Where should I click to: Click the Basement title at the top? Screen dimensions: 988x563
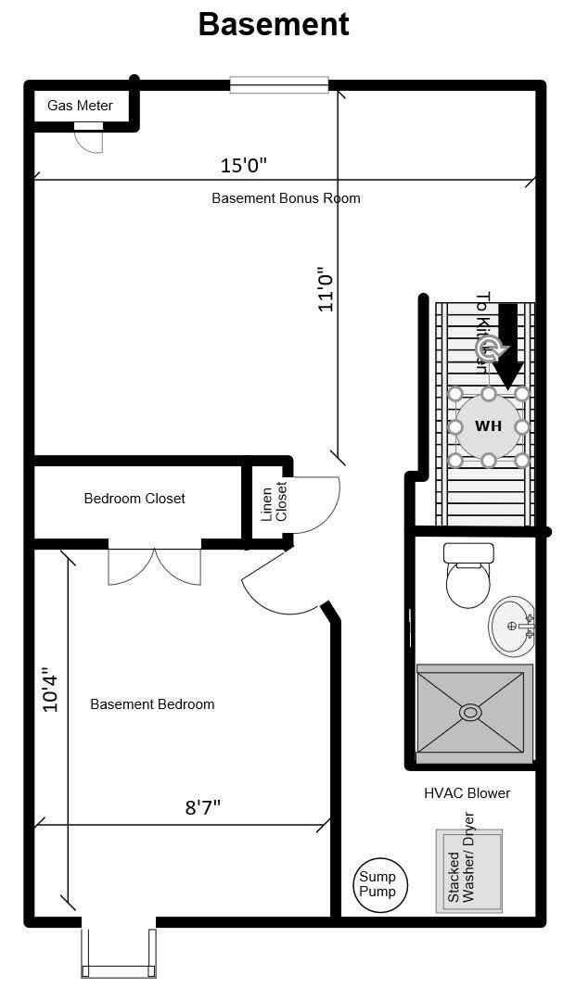(x=274, y=24)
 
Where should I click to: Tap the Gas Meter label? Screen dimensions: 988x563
(x=81, y=106)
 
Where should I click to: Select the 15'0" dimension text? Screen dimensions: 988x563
(x=244, y=166)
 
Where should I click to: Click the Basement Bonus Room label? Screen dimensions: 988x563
(x=286, y=198)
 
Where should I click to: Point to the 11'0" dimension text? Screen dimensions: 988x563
(x=326, y=290)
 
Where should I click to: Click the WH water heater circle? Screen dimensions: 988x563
(x=488, y=426)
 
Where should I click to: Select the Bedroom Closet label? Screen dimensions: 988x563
(x=134, y=499)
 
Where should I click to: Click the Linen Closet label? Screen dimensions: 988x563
(x=275, y=501)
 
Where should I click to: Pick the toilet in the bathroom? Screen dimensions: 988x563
(x=468, y=576)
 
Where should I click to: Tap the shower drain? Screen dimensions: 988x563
(x=471, y=712)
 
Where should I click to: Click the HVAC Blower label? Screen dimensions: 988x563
(x=467, y=793)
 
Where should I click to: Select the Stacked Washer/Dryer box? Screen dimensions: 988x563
(x=468, y=870)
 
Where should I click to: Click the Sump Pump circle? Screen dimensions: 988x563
(x=377, y=884)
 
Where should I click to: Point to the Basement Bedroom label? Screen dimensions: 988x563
(x=152, y=704)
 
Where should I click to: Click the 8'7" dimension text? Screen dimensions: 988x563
(x=202, y=806)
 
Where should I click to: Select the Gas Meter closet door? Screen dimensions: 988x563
(x=90, y=137)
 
